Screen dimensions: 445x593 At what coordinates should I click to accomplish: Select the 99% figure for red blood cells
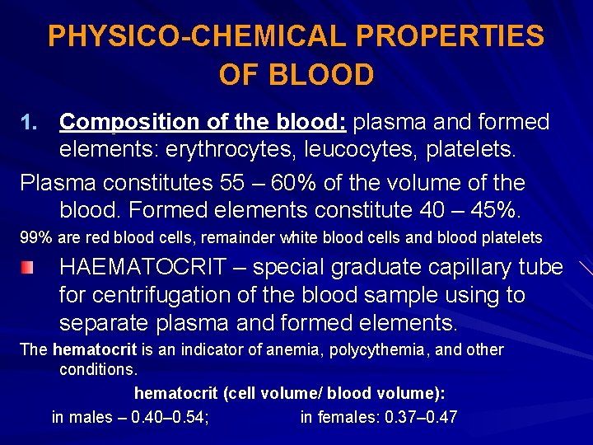tap(35, 238)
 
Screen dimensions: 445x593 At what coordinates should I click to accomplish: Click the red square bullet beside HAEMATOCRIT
tap(28, 267)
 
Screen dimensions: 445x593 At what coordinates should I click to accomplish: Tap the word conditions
tap(97, 369)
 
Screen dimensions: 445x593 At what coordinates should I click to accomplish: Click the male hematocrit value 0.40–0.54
tap(170, 417)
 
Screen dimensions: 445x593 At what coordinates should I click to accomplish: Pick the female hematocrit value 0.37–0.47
tap(421, 417)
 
